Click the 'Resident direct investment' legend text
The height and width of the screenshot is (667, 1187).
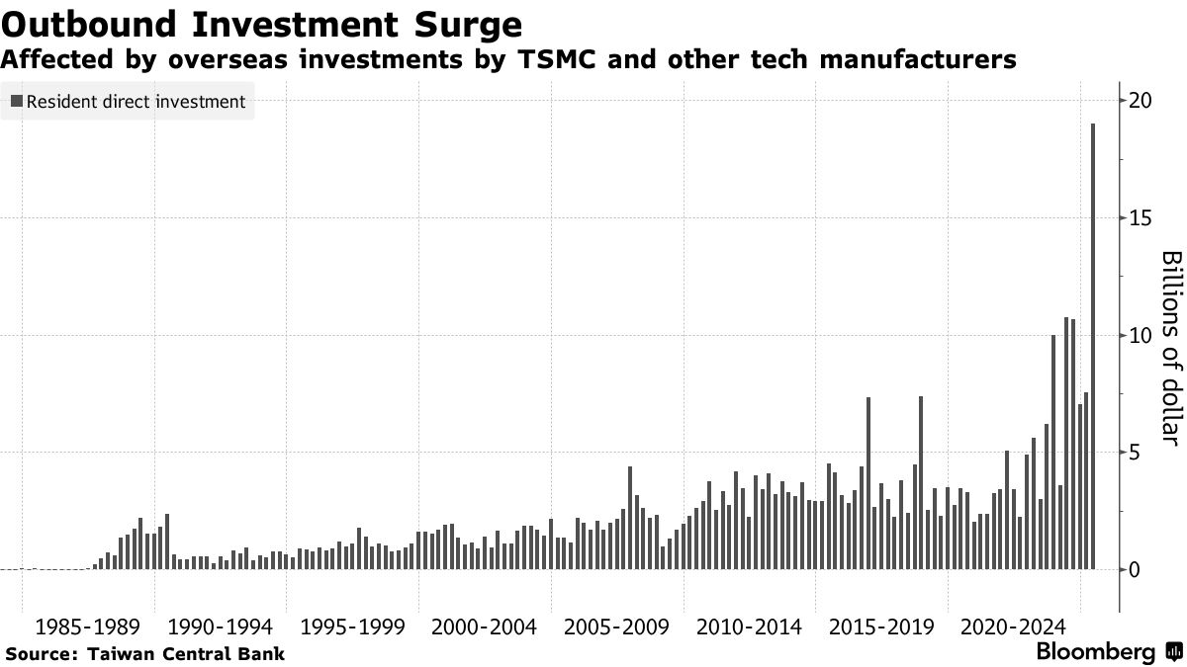point(137,101)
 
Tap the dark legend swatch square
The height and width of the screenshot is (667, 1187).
point(17,101)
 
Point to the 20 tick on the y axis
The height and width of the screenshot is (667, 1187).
point(1141,101)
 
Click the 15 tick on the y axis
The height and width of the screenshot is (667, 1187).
point(1141,218)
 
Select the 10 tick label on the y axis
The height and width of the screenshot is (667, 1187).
point(1141,335)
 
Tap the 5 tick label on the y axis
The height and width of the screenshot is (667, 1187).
point(1136,453)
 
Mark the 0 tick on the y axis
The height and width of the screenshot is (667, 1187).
point(1136,570)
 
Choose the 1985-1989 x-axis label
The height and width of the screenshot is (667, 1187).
point(88,627)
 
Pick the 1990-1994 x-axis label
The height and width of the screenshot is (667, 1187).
point(220,627)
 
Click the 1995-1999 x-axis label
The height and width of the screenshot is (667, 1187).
point(352,627)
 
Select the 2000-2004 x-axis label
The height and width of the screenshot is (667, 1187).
point(484,627)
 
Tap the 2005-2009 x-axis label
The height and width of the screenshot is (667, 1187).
point(616,627)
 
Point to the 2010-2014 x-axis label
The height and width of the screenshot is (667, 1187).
point(749,627)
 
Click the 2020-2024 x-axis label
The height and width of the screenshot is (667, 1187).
point(1013,627)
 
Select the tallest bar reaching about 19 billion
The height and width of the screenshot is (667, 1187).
point(1093,346)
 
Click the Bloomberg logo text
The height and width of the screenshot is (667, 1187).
point(1095,652)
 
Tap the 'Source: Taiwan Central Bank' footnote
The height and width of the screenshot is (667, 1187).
point(145,653)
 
